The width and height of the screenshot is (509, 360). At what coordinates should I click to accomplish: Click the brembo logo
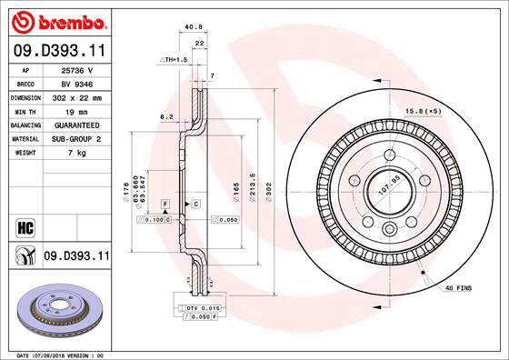coord(56,19)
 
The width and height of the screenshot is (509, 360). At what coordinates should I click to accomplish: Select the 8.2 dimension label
coord(166,117)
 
